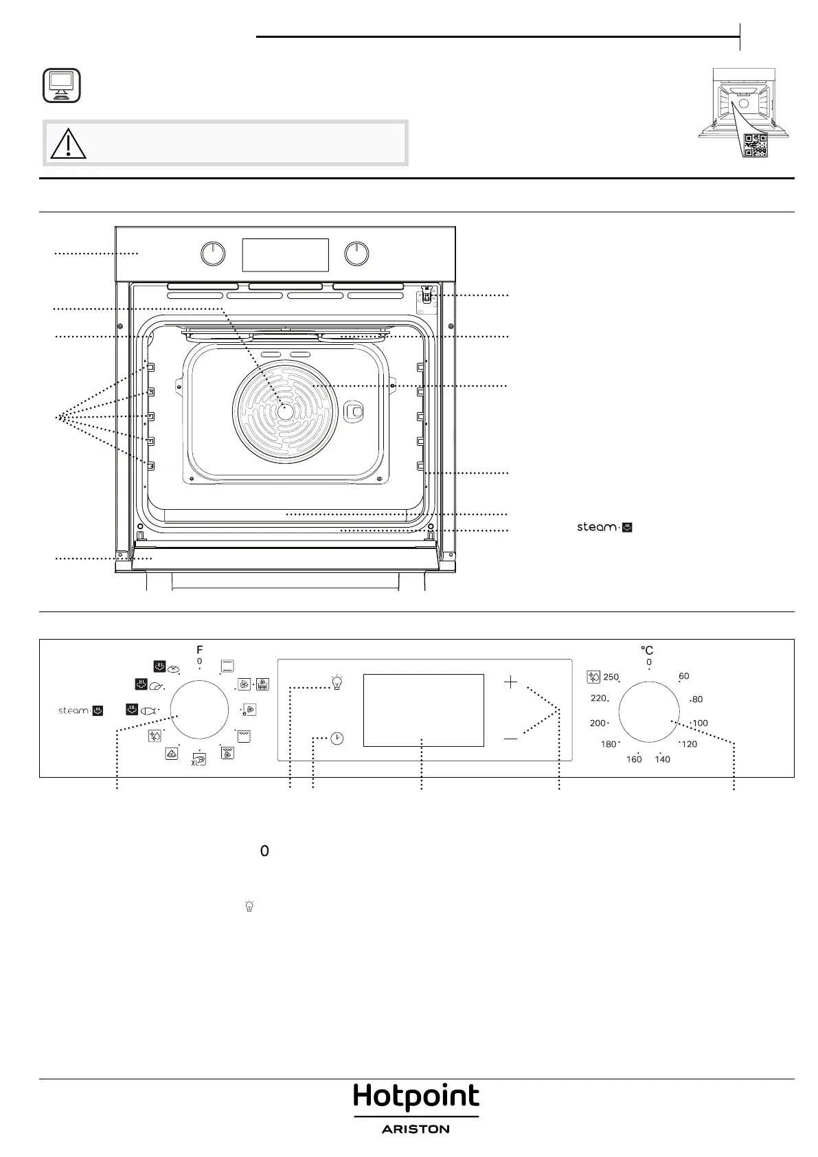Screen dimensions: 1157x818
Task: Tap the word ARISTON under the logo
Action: pos(416,1129)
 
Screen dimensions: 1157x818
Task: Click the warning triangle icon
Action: pos(68,144)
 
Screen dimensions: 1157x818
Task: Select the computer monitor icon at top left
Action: pos(61,85)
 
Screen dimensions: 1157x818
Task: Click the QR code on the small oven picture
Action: pos(755,145)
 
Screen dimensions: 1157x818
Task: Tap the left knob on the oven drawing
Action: pos(213,254)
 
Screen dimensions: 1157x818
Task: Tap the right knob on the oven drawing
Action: pos(356,254)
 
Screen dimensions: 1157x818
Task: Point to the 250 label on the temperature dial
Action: pos(611,677)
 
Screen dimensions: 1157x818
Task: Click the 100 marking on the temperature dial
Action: pos(700,723)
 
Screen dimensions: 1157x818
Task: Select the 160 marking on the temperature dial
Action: pos(634,759)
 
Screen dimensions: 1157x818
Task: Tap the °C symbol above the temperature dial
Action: pos(647,650)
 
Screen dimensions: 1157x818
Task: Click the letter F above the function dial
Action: pos(200,649)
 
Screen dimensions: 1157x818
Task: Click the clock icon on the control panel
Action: pos(337,739)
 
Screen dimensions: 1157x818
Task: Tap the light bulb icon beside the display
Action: pos(337,683)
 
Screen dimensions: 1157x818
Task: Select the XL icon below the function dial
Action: pos(198,759)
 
